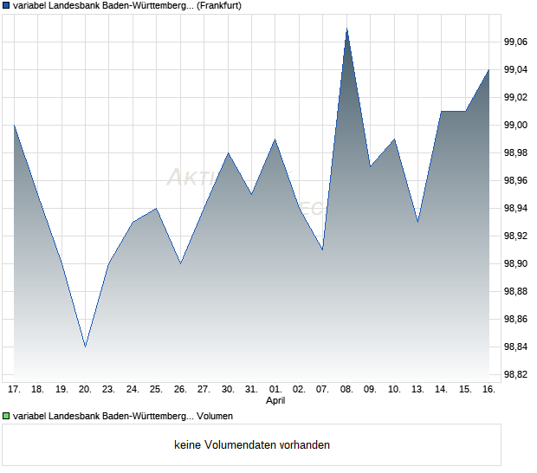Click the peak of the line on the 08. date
(346, 28)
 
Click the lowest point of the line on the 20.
(85, 347)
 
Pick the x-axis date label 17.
(14, 390)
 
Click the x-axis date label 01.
(275, 390)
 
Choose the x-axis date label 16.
(488, 390)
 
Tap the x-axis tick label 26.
(180, 390)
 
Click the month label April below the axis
(275, 401)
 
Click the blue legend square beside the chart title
(6, 6)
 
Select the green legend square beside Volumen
(6, 417)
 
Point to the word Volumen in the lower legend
(215, 417)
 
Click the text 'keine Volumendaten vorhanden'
(252, 445)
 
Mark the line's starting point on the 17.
(14, 125)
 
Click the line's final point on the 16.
(488, 69)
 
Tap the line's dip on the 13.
(417, 222)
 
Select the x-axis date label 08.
(346, 390)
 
